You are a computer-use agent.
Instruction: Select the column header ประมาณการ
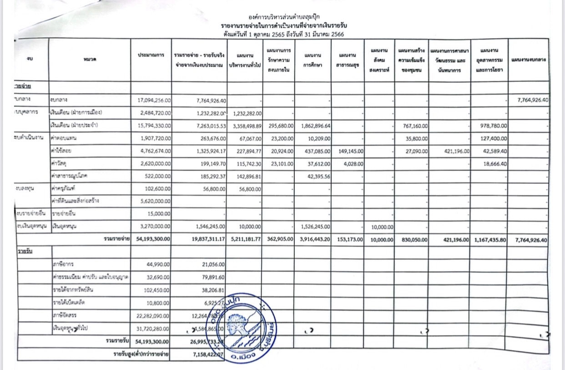pos(151,55)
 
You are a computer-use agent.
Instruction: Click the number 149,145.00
pos(348,150)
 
